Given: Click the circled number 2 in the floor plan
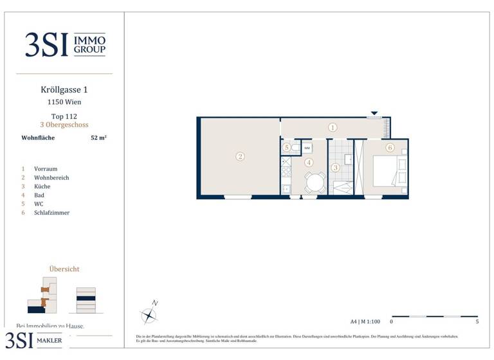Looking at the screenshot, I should pyautogui.click(x=239, y=156).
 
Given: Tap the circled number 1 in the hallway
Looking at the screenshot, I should pyautogui.click(x=333, y=127).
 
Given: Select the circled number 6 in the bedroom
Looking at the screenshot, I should pyautogui.click(x=390, y=147).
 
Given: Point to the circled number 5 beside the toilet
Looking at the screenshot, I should pyautogui.click(x=286, y=148).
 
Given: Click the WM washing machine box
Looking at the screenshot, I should pyautogui.click(x=307, y=148).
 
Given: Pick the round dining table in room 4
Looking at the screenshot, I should pyautogui.click(x=315, y=183).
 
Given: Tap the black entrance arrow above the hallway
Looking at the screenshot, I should pyautogui.click(x=374, y=114).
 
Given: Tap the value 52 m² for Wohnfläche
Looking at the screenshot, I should pyautogui.click(x=98, y=138).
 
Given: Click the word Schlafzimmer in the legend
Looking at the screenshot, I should pyautogui.click(x=51, y=213).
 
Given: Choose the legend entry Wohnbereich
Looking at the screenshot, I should pyautogui.click(x=51, y=177).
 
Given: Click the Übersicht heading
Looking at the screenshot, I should pyautogui.click(x=64, y=269).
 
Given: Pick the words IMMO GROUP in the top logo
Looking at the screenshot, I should pyautogui.click(x=89, y=44).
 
